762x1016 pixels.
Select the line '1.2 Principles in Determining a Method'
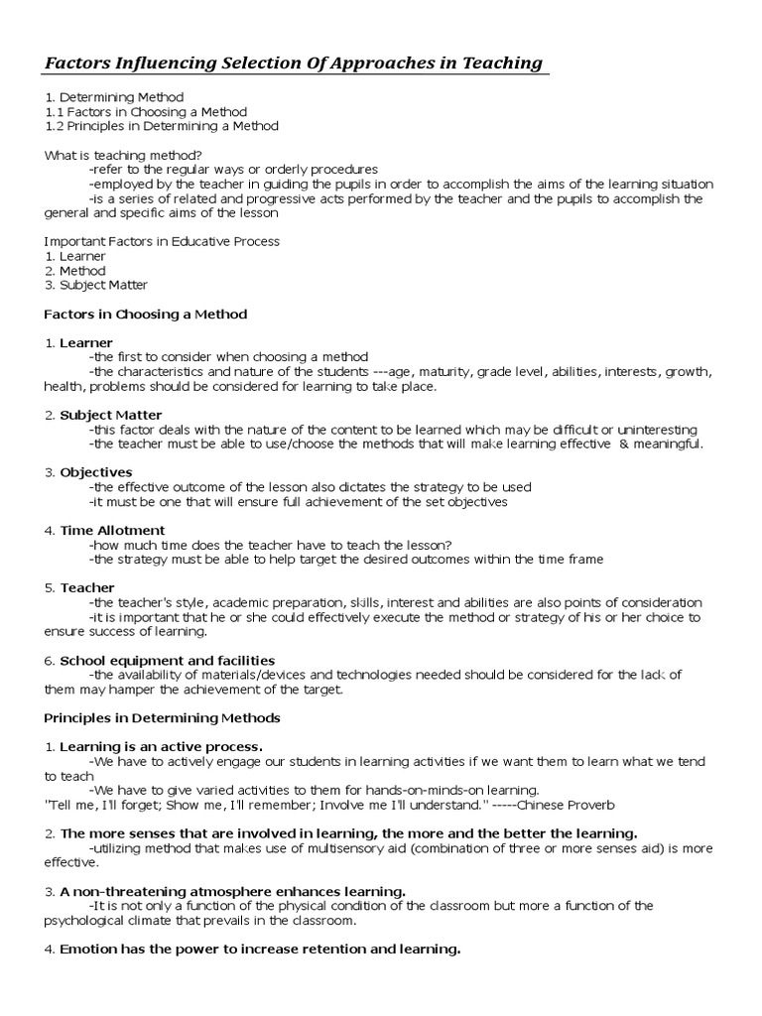click(162, 126)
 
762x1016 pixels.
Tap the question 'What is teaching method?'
click(124, 155)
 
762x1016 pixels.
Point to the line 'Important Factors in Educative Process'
click(162, 241)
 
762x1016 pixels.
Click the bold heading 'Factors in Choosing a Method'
click(146, 314)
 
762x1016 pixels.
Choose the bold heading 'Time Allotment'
click(112, 530)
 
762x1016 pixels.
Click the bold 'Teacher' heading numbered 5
click(87, 587)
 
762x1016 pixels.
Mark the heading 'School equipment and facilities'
click(167, 660)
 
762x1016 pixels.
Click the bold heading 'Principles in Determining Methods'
click(163, 717)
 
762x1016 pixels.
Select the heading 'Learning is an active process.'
click(161, 746)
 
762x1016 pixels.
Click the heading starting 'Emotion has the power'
click(260, 950)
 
